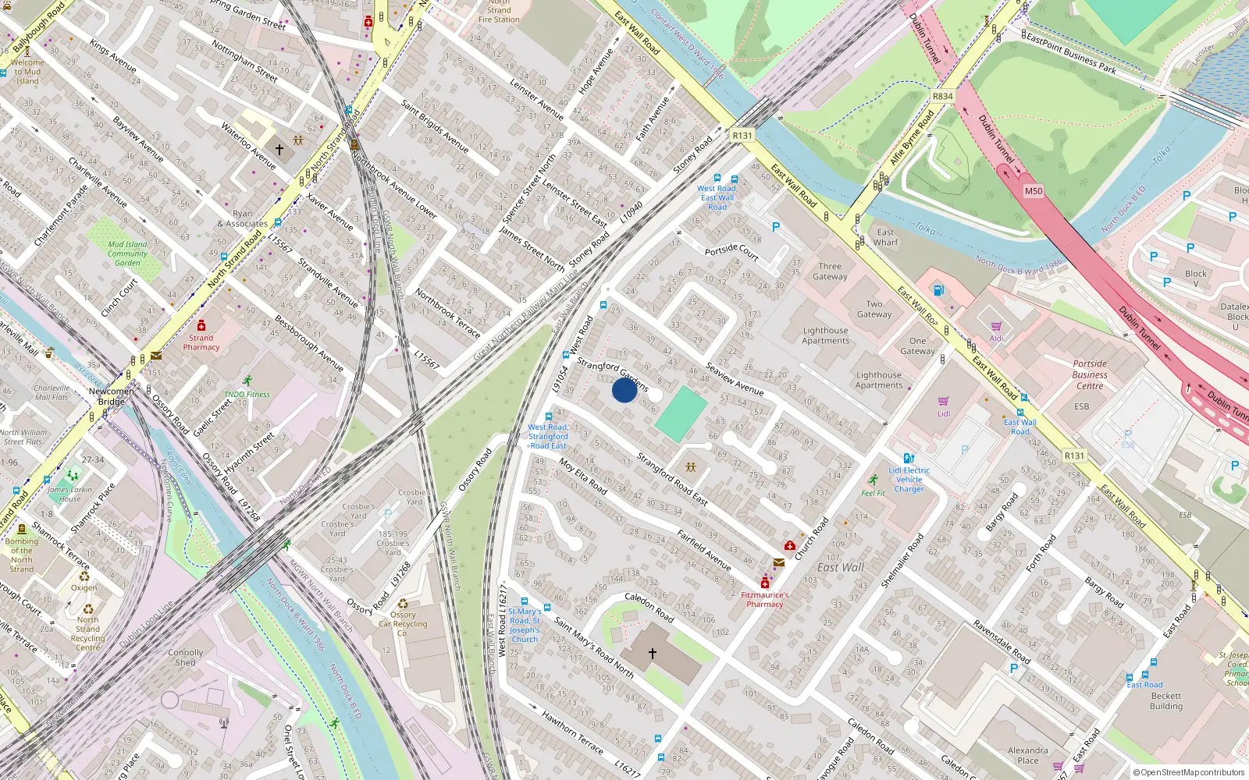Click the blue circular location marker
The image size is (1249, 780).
coord(624,390)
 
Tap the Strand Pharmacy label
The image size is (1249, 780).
coord(201,342)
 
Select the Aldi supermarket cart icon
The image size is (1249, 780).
coord(996,327)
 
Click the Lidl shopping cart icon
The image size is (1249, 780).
coord(943,402)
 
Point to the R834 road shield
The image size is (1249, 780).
coord(942,97)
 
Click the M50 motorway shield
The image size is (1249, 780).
coord(1033,191)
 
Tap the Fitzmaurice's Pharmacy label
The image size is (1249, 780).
coord(764,599)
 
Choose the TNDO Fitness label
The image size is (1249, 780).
coord(247,394)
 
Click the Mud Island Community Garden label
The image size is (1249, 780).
coord(127,253)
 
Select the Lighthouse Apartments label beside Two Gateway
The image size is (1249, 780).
coord(825,335)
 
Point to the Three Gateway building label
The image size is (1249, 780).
coord(830,271)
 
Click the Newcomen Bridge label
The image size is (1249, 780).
coord(111,396)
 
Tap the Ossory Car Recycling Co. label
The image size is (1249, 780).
coord(403,623)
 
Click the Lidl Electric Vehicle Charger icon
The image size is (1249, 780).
coord(908,459)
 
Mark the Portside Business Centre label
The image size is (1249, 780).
coord(1090,374)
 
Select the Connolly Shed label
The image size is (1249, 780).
coord(185,658)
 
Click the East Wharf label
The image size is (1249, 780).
coord(885,237)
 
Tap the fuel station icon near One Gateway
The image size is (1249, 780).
coord(938,290)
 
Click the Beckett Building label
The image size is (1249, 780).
coord(1166,701)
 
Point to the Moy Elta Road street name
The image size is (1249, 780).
coord(582,476)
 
